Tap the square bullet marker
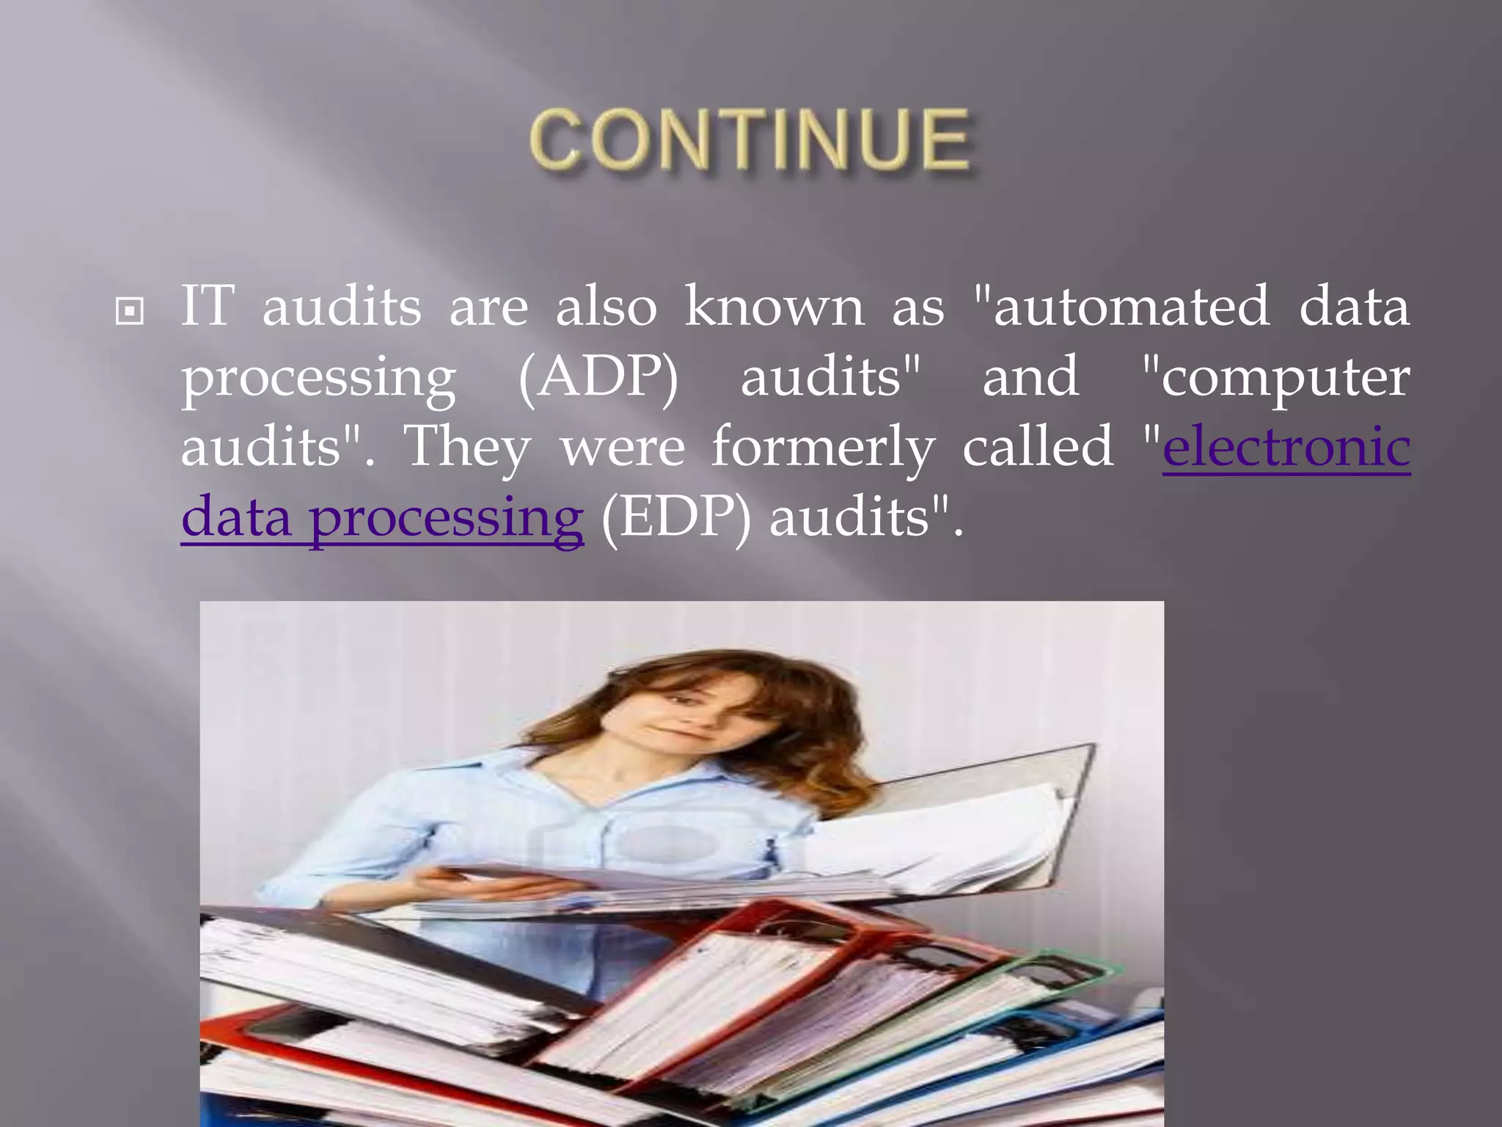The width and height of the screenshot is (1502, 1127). [x=130, y=312]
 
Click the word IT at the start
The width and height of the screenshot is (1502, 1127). [x=208, y=307]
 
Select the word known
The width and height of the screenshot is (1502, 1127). [x=774, y=307]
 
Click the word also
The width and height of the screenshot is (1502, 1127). [x=606, y=307]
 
